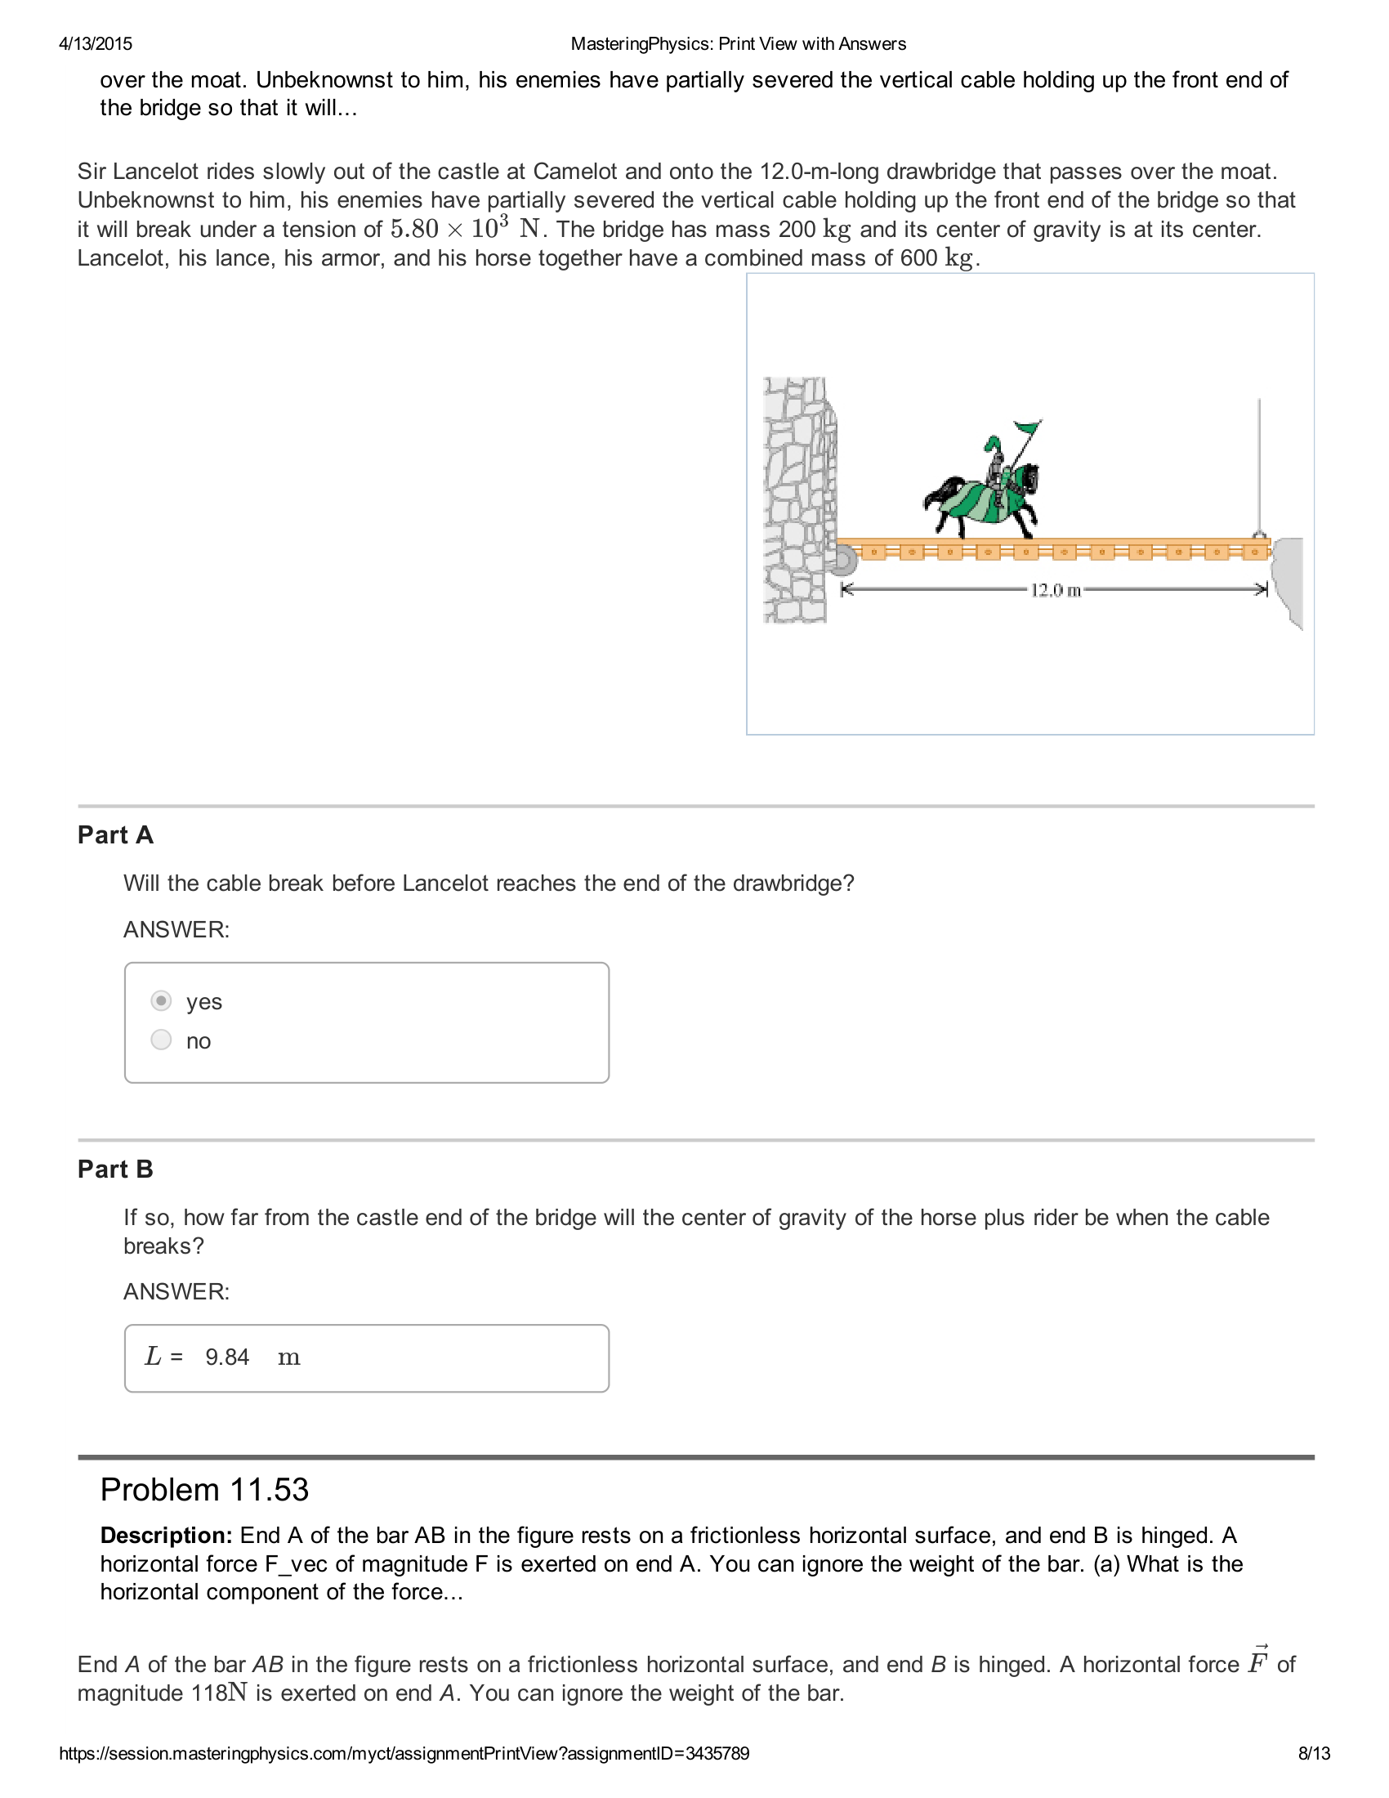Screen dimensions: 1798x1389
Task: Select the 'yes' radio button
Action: [x=161, y=1001]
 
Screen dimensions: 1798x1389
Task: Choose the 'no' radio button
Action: [x=161, y=1040]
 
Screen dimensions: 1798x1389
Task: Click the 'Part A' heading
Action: [x=115, y=834]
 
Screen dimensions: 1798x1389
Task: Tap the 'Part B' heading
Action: [x=115, y=1169]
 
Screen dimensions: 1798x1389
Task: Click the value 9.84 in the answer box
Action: [x=227, y=1357]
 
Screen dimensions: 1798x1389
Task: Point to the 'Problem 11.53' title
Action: [x=204, y=1490]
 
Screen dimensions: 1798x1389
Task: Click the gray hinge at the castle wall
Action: [x=842, y=561]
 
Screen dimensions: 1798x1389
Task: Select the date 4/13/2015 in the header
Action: [x=96, y=44]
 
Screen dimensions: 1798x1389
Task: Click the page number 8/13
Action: [x=1314, y=1754]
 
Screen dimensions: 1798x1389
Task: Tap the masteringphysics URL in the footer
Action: [x=404, y=1754]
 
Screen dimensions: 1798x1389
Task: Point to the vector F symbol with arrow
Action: [x=1257, y=1662]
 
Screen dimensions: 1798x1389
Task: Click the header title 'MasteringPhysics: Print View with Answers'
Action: [x=738, y=44]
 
